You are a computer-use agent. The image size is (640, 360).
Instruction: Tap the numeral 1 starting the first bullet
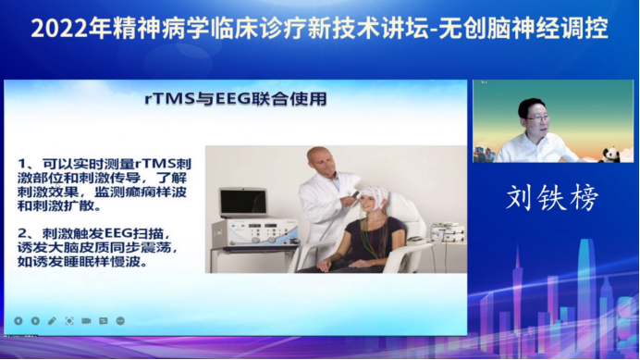(23, 164)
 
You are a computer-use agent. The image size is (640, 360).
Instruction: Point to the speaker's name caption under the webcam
(552, 197)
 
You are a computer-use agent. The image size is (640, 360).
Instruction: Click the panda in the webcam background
(610, 152)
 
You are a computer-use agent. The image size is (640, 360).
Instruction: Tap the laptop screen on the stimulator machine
(242, 202)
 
